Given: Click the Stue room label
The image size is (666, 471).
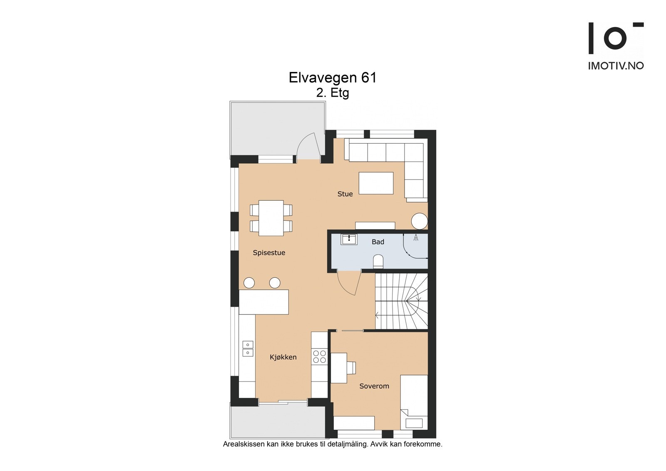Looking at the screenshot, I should [x=345, y=194].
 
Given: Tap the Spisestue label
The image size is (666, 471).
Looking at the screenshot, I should [x=269, y=253].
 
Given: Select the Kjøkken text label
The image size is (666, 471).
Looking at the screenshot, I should [x=283, y=357].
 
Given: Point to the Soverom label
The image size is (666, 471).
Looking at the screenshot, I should [x=374, y=386].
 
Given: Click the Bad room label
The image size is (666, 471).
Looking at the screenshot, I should [x=378, y=242].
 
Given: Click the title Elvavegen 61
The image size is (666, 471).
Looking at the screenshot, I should [x=333, y=78].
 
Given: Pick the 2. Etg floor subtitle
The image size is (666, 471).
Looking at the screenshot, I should [x=333, y=93].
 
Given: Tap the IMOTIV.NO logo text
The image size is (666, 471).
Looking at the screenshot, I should [x=616, y=66].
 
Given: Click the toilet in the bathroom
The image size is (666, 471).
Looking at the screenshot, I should [x=378, y=262].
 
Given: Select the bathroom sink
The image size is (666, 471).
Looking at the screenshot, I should [x=349, y=239].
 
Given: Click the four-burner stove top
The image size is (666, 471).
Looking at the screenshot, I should [x=320, y=357].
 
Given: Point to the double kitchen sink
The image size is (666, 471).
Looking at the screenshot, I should [x=248, y=349].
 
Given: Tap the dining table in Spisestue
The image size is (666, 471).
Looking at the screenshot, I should [x=271, y=218].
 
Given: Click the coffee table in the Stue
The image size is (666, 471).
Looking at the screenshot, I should [x=376, y=183].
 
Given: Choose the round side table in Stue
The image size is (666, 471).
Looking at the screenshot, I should [x=419, y=221].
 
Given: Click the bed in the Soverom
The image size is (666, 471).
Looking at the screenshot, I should [x=414, y=402].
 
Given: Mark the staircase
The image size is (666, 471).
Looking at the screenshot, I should [x=402, y=301].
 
